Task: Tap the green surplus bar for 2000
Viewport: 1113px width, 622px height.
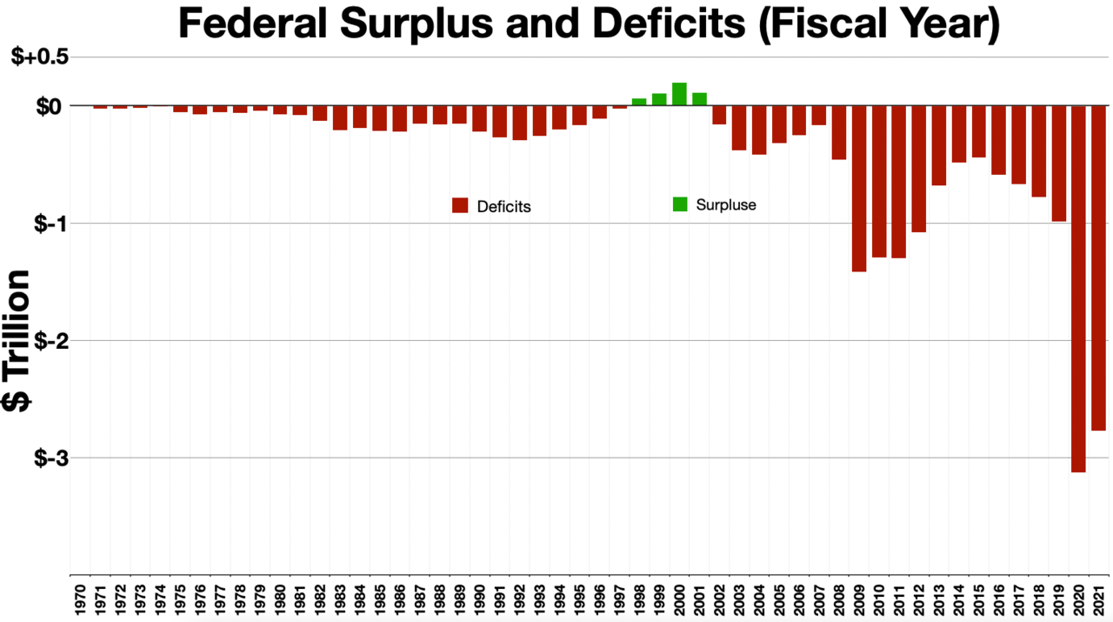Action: coord(679,94)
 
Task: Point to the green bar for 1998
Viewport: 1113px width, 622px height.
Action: coord(639,102)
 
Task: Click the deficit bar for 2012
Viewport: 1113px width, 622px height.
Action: coord(919,169)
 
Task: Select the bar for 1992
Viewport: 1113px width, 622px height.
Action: coord(519,123)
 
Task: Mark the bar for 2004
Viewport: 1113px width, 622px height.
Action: coord(759,130)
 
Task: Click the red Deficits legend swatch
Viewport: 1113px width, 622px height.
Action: coord(460,206)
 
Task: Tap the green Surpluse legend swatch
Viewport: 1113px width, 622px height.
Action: coord(679,204)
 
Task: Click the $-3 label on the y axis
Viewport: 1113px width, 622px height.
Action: coord(51,458)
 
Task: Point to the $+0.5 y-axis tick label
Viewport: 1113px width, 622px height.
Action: coord(40,57)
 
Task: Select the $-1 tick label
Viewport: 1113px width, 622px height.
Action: coord(51,223)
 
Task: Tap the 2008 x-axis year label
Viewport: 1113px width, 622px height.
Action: coord(839,599)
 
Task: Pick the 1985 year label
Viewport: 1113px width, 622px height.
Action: coord(379,599)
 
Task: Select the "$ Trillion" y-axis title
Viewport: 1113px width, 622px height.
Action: coord(17,339)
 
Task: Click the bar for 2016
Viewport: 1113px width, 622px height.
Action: coord(998,140)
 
